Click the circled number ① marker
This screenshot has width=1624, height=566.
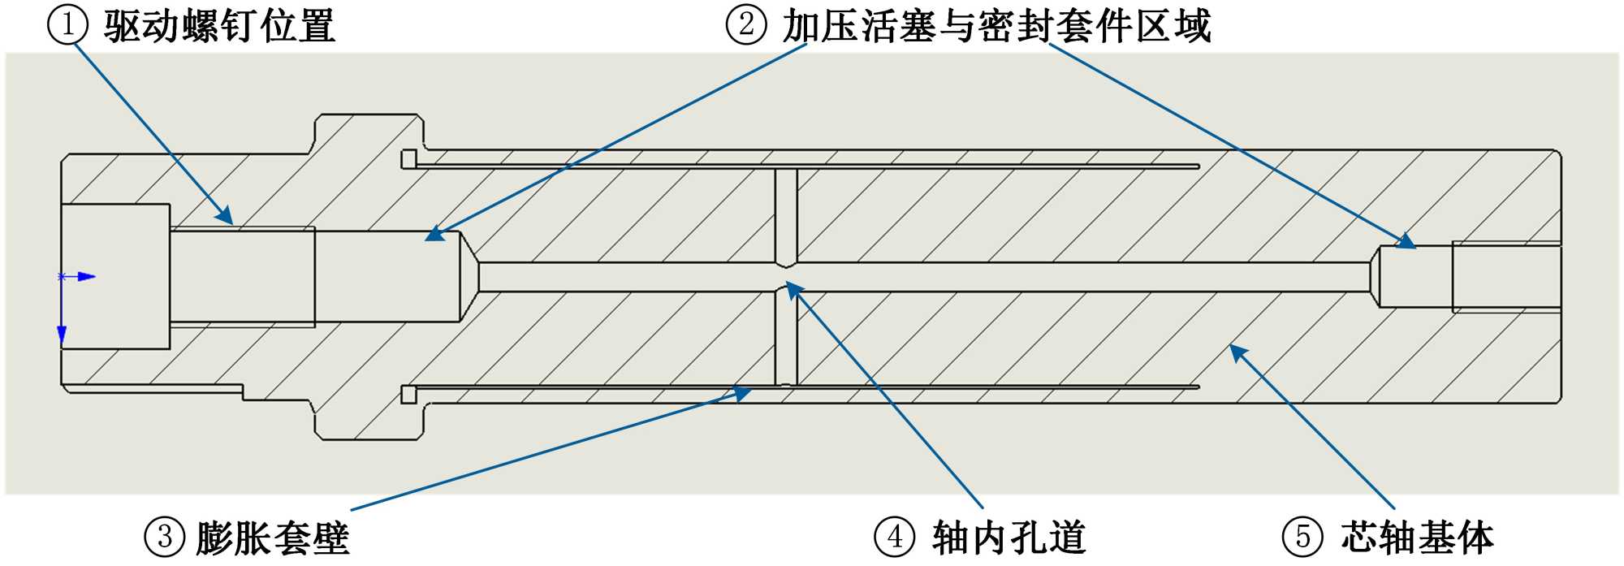pos(68,24)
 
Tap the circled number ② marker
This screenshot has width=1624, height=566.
pos(745,24)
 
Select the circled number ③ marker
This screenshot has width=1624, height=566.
pos(165,537)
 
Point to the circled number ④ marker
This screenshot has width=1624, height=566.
pos(895,537)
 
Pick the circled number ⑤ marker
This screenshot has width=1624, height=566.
pos(1302,537)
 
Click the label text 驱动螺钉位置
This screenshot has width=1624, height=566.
pos(219,26)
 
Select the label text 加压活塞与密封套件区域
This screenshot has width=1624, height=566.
pos(996,26)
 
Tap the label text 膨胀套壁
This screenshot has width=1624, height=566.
pos(273,538)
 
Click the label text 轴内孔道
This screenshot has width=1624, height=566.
pos(1009,538)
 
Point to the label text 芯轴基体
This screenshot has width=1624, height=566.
pos(1417,538)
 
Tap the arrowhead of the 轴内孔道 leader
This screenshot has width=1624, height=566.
pos(793,288)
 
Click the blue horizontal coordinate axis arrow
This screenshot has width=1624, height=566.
pos(86,277)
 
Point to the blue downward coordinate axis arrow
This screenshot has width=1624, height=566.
pos(62,334)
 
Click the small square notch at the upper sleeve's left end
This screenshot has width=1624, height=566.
pos(408,159)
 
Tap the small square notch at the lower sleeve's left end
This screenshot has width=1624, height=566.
pos(408,395)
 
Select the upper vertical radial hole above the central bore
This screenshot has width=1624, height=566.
pos(786,215)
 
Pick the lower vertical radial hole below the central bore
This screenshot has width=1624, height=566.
pos(786,337)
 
